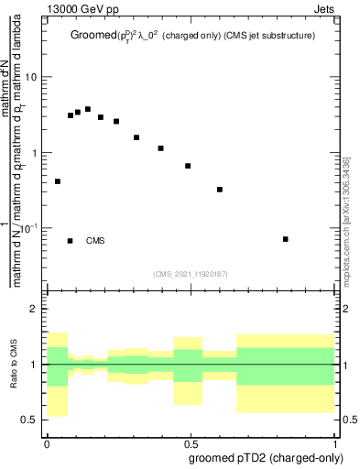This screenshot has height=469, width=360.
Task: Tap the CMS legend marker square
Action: pos(71,241)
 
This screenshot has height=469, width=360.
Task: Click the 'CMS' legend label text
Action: pos(96,241)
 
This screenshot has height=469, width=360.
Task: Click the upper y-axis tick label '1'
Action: pos(35,153)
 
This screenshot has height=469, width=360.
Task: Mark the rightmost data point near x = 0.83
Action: pos(286,239)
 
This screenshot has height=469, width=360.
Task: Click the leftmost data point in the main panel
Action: pos(58,181)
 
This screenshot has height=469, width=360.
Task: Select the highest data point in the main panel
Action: pos(88,109)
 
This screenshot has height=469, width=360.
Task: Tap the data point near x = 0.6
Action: pos(220,190)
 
